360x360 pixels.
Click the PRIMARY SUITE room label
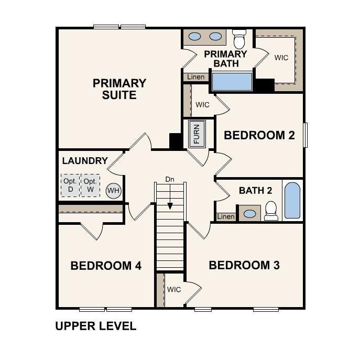pyautogui.click(x=119, y=89)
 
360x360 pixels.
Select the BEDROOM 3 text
pyautogui.click(x=244, y=265)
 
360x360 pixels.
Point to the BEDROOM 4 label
pyautogui.click(x=106, y=266)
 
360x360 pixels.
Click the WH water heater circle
pyautogui.click(x=113, y=190)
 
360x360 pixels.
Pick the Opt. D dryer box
pyautogui.click(x=70, y=185)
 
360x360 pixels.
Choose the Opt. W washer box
pyautogui.click(x=90, y=185)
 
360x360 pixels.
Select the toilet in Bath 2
pyautogui.click(x=271, y=211)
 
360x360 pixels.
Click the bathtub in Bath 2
pyautogui.click(x=292, y=201)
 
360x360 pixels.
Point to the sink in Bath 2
pyautogui.click(x=250, y=214)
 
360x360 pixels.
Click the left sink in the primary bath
pyautogui.click(x=195, y=37)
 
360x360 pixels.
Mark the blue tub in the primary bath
pyautogui.click(x=232, y=82)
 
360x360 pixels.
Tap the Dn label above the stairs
pyautogui.click(x=170, y=179)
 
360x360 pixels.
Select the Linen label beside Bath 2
pyautogui.click(x=226, y=216)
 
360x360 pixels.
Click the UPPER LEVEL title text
pyautogui.click(x=96, y=326)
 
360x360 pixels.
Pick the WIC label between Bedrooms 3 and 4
pyautogui.click(x=174, y=289)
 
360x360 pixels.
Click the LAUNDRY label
pyautogui.click(x=85, y=161)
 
